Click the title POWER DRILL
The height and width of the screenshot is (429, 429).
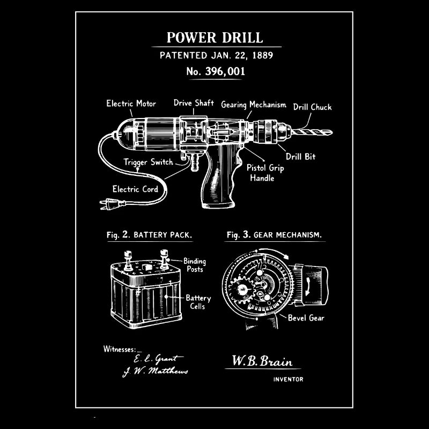(x=214, y=38)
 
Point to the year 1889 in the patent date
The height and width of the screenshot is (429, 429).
(x=266, y=55)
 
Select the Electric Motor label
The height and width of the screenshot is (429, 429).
(x=131, y=103)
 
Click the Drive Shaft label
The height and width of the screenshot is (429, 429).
(x=194, y=103)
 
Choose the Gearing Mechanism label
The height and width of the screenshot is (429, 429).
(x=254, y=105)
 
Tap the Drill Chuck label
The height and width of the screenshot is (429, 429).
(x=312, y=107)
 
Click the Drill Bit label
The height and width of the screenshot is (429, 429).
(x=300, y=157)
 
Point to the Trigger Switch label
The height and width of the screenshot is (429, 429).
(x=149, y=161)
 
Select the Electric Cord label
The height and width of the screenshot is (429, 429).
(x=135, y=189)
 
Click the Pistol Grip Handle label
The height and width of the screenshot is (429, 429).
(x=265, y=173)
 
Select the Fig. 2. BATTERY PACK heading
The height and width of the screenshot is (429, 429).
(x=146, y=235)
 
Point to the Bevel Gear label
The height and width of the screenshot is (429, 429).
(x=306, y=318)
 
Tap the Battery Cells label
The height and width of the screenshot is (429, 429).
(x=198, y=302)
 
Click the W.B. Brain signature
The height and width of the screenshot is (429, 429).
(x=262, y=361)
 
